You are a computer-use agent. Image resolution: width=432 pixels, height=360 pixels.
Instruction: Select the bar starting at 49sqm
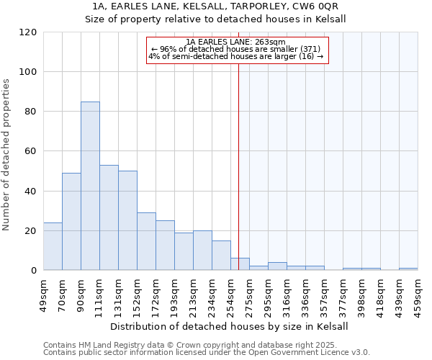[53, 246]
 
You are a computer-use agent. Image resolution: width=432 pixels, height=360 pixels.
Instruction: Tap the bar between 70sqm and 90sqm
[71, 222]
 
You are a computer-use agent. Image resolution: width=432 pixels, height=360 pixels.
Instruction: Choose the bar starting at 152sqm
[146, 241]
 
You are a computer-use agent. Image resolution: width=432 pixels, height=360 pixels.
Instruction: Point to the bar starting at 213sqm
[202, 251]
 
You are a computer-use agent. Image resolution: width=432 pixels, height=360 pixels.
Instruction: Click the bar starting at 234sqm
[221, 256]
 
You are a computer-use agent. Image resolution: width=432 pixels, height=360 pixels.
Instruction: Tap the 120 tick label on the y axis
[28, 32]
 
